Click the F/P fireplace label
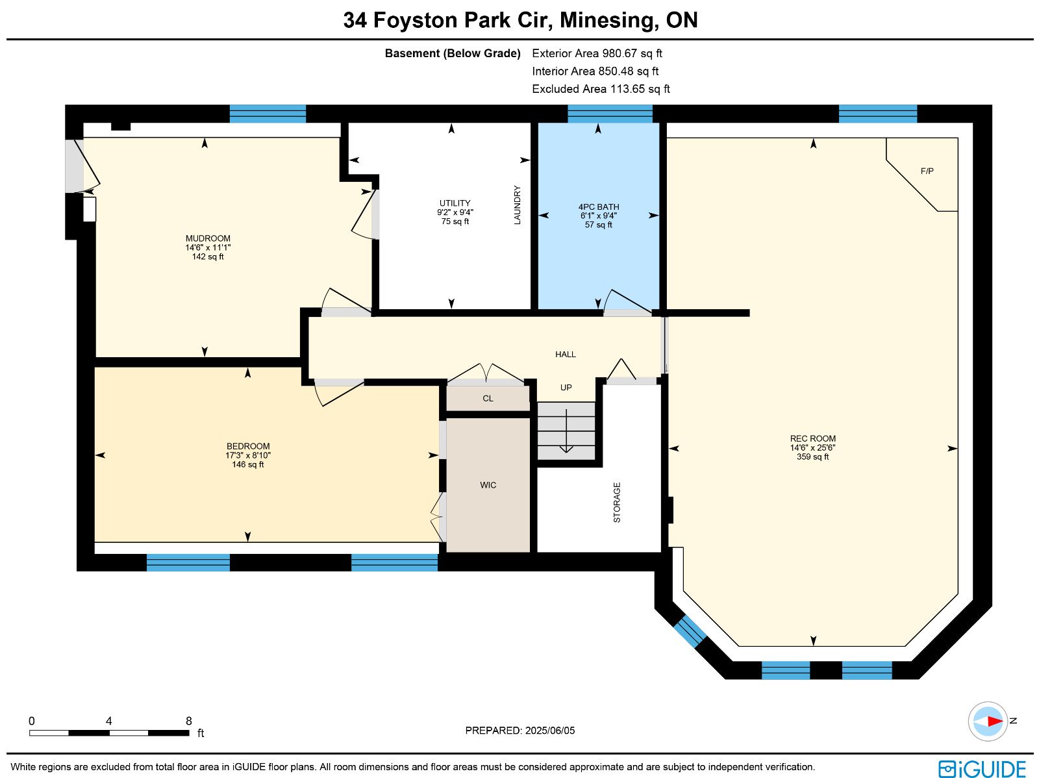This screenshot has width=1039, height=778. tap(927, 171)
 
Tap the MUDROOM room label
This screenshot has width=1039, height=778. tap(208, 238)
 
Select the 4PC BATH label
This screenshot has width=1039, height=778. tap(598, 207)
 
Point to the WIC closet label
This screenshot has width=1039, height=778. tap(488, 485)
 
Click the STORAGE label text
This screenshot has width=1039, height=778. tap(617, 503)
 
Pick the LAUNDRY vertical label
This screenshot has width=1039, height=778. tap(518, 205)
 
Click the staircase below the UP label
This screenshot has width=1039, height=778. tap(566, 431)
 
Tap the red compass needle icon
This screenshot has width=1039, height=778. tap(995, 722)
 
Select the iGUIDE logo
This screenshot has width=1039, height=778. tap(983, 769)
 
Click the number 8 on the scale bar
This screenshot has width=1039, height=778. tap(189, 721)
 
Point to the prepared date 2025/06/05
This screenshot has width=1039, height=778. tap(550, 730)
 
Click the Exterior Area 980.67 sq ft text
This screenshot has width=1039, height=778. tap(597, 53)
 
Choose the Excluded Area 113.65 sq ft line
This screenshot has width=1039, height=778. tap(601, 89)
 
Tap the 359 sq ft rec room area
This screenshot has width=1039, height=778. tap(813, 457)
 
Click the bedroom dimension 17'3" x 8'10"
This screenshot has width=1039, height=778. tap(248, 455)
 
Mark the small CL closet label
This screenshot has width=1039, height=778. tap(488, 399)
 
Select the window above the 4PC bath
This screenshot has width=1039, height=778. tap(610, 114)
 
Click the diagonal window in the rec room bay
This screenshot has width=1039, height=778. tap(690, 631)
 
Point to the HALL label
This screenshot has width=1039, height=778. tap(566, 355)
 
